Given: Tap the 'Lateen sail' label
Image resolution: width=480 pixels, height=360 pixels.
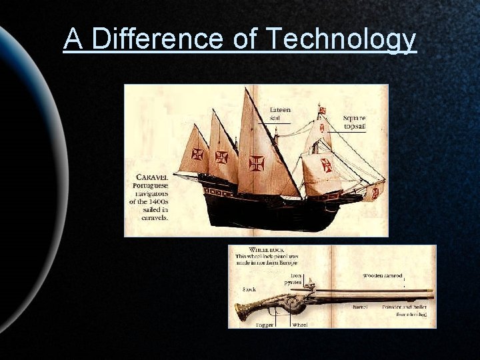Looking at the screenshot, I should point(280,114).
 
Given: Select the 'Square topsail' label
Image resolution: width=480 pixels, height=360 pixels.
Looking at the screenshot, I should point(354,122).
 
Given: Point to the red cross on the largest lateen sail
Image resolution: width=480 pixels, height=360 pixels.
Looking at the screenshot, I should point(257,163).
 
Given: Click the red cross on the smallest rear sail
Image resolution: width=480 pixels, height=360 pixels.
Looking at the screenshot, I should point(197,154).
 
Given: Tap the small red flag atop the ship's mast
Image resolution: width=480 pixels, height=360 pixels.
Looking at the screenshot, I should point(322,109).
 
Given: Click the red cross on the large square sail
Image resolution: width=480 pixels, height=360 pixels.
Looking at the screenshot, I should point(327,165).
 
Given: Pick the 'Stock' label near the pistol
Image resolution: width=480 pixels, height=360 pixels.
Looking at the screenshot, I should point(249,289).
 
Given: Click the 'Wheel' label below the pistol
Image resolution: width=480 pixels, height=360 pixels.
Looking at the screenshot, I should point(299,325).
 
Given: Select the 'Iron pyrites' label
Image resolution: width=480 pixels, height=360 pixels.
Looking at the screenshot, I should point(293,279).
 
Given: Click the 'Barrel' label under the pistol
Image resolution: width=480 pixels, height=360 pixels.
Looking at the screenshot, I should point(360,307).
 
